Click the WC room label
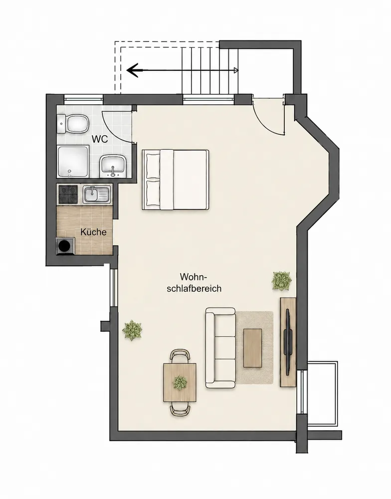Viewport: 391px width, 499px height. click(100, 139)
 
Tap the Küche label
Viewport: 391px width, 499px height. click(93, 232)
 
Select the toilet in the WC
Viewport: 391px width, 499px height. click(73, 124)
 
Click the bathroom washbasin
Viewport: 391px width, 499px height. click(114, 166)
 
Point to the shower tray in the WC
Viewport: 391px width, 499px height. click(73, 162)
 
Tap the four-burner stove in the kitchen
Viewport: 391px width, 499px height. click(68, 195)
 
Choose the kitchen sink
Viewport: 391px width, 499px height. click(97, 195)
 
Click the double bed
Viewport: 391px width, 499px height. click(175, 180)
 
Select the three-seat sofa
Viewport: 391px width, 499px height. click(221, 347)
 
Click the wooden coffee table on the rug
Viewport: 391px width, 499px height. click(253, 348)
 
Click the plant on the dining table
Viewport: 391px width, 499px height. click(180, 382)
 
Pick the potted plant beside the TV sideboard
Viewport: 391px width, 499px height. click(282, 280)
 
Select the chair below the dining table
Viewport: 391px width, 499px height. click(180, 409)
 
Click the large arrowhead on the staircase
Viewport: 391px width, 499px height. click(133, 70)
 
